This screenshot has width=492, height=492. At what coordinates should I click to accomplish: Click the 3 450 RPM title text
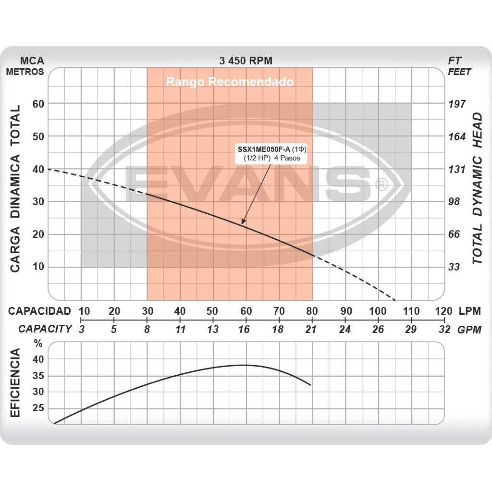click(246, 61)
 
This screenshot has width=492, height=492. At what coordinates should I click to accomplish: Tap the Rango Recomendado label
click(230, 82)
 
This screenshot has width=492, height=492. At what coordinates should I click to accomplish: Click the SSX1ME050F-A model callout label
click(271, 153)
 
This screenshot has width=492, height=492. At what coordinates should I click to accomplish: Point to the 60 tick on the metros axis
click(38, 104)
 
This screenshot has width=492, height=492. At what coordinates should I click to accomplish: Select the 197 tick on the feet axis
click(457, 104)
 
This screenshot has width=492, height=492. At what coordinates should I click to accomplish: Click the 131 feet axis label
click(457, 169)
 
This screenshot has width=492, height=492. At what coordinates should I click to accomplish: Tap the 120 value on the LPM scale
click(443, 311)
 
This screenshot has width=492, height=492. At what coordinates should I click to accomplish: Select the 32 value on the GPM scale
click(444, 329)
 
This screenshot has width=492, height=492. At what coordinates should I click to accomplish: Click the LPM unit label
click(469, 311)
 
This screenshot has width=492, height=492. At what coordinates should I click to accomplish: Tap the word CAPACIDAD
click(39, 311)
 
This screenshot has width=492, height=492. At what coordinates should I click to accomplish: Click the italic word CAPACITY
click(45, 329)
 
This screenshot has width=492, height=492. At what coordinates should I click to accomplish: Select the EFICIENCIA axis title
click(15, 382)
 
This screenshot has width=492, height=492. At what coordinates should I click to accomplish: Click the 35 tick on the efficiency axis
click(38, 375)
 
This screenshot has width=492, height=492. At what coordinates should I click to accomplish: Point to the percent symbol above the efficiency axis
click(38, 344)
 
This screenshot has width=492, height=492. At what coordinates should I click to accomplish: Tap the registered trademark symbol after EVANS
click(381, 185)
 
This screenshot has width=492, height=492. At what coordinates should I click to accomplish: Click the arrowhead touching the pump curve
click(243, 222)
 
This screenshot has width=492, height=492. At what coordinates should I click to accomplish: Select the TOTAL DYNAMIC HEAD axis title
click(477, 188)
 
